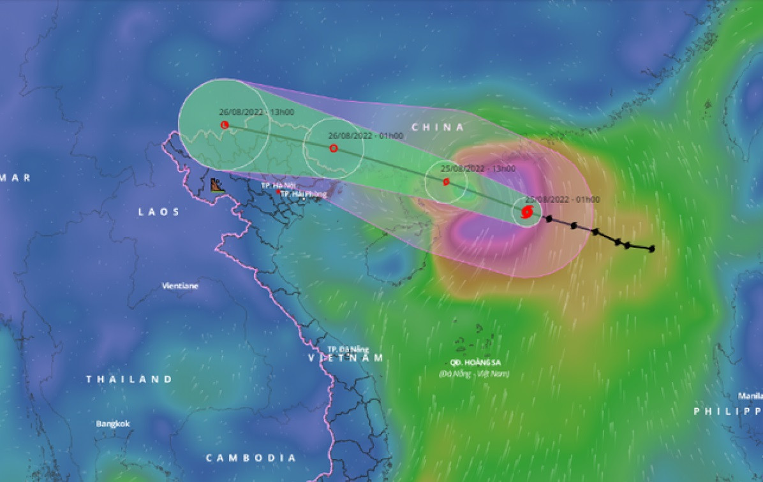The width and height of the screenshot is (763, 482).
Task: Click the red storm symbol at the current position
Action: tap(527, 212)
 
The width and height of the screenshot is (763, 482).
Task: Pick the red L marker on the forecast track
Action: tap(224, 125)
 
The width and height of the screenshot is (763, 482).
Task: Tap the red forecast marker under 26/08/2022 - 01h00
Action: tap(333, 149)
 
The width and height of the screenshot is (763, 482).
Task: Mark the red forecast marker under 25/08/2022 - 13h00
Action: tap(446, 182)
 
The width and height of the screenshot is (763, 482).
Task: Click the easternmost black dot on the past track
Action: tap(651, 249)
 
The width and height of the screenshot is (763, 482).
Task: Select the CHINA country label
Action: tap(438, 128)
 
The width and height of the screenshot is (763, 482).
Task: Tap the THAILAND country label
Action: tap(130, 379)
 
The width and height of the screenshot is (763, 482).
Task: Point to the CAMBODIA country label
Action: tap(251, 458)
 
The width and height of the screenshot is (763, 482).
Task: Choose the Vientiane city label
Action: tap(180, 286)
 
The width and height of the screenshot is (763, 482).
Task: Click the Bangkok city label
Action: tap(113, 423)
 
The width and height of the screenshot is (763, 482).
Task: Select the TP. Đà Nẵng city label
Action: tap(348, 349)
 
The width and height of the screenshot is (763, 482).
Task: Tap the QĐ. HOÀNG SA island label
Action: tap(473, 363)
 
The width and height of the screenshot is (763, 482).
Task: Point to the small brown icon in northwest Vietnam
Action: tap(218, 186)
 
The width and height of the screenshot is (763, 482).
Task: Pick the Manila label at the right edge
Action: tap(750, 395)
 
